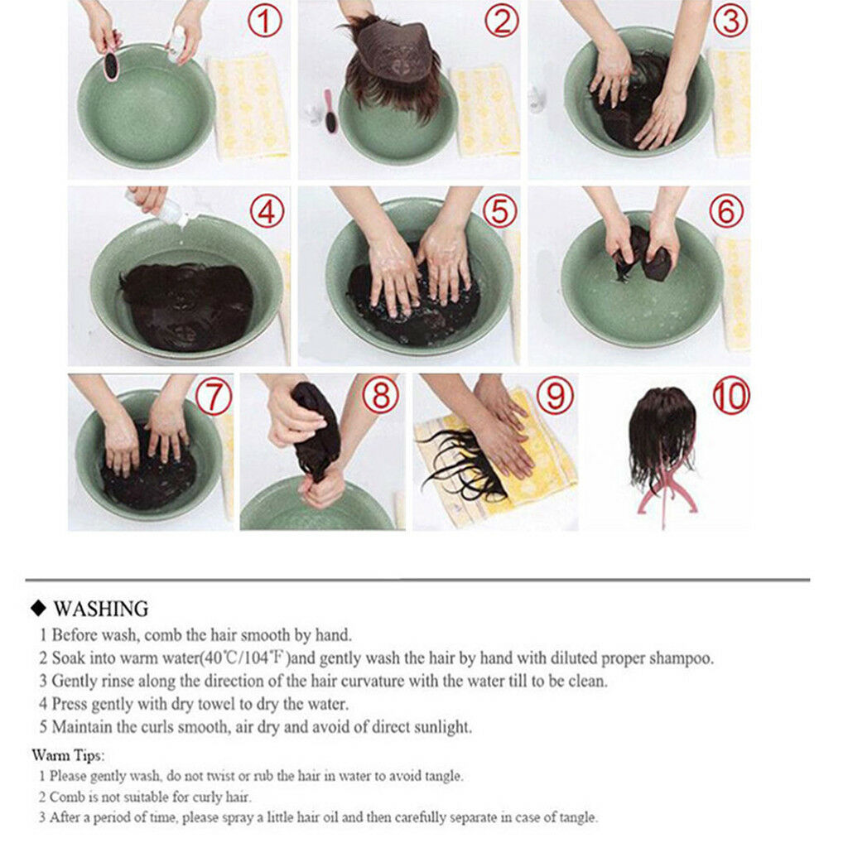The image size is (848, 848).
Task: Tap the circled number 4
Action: [x=267, y=211]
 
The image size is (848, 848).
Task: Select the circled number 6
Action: [x=726, y=211]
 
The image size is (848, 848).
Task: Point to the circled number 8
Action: [x=381, y=394]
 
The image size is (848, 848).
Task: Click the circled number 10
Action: [x=731, y=395]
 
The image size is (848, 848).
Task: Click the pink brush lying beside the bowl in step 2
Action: [x=330, y=111]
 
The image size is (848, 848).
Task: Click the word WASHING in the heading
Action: [x=100, y=609]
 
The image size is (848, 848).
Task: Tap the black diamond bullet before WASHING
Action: [x=38, y=609]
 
